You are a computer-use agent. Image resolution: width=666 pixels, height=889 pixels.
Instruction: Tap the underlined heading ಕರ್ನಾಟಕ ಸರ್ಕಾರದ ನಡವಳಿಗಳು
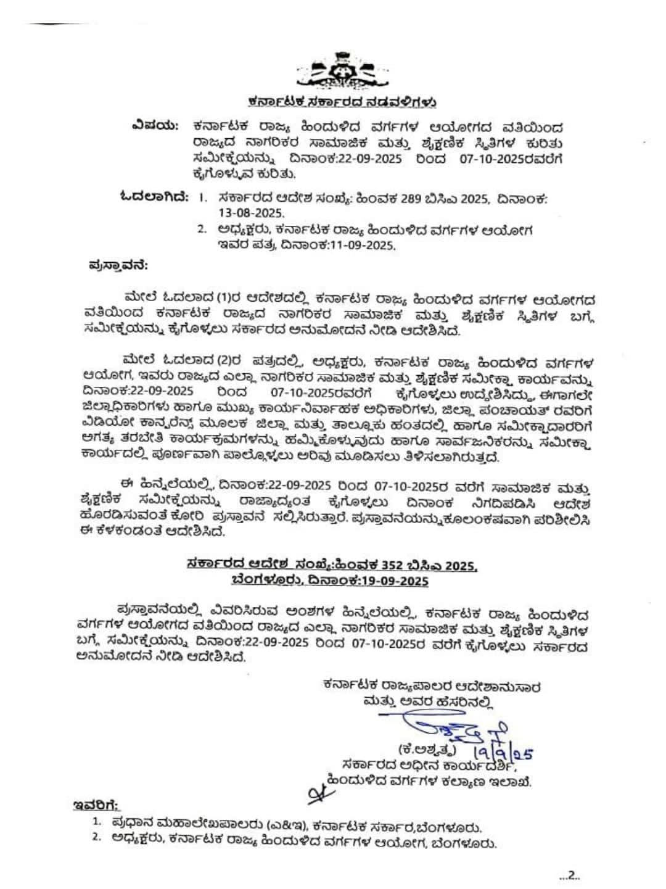tap(343, 101)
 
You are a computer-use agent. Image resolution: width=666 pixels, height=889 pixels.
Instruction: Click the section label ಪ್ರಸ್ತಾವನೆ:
tap(117, 266)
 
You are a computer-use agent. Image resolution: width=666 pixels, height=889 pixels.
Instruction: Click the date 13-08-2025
tap(251, 213)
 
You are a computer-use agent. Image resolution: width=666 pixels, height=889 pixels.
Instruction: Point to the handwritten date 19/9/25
tap(503, 753)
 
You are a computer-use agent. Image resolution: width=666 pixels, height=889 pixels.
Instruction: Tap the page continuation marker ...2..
tap(569, 874)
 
